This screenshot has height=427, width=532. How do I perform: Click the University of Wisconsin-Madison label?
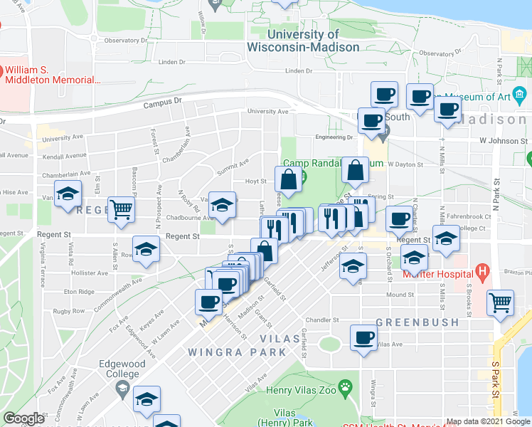click(303, 41)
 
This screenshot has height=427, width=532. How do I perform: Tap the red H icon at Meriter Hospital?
click(483, 271)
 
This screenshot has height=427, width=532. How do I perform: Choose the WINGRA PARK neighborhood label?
click(237, 352)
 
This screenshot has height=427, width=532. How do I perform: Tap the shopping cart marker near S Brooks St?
click(501, 302)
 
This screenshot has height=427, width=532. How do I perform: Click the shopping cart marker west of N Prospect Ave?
click(122, 209)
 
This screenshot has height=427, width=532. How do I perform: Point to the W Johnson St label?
click(504, 141)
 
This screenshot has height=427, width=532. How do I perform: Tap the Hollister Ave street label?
click(88, 273)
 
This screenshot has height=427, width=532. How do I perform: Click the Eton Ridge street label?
click(78, 292)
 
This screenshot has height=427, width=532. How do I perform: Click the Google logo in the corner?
click(23, 418)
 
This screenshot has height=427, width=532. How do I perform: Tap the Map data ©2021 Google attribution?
click(488, 421)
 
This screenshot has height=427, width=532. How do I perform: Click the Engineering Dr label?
click(334, 137)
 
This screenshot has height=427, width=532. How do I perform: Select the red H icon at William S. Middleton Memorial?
click(1, 72)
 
